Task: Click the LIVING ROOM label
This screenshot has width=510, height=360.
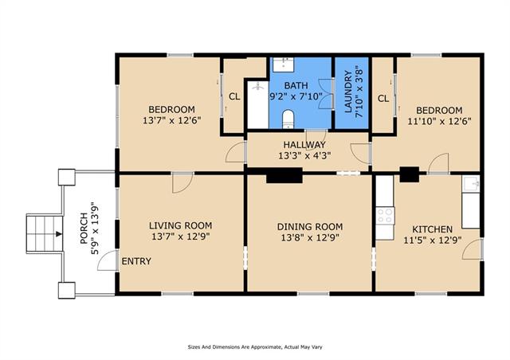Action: pyautogui.click(x=181, y=225)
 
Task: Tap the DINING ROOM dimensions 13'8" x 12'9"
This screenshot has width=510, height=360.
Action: pyautogui.click(x=310, y=237)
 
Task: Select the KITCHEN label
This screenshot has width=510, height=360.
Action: pyautogui.click(x=432, y=229)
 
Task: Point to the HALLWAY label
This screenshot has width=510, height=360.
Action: pyautogui.click(x=304, y=145)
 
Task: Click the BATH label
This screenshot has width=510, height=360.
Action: pyautogui.click(x=296, y=85)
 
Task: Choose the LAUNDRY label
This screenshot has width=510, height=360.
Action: pyautogui.click(x=348, y=92)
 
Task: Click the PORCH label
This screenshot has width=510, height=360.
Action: pyautogui.click(x=84, y=229)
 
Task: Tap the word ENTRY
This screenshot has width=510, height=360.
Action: pyautogui.click(x=136, y=261)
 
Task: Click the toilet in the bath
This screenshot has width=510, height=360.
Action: pyautogui.click(x=288, y=119)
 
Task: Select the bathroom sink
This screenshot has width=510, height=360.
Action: pyautogui.click(x=283, y=65)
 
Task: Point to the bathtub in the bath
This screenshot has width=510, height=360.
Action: pyautogui.click(x=258, y=104)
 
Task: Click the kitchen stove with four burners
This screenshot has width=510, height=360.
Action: pyautogui.click(x=385, y=216)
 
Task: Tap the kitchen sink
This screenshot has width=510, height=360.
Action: pyautogui.click(x=471, y=184)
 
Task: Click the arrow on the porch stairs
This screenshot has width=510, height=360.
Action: pyautogui.click(x=58, y=233)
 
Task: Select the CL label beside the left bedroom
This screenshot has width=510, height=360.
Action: pyautogui.click(x=234, y=96)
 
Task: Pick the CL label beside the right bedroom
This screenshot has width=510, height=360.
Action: pyautogui.click(x=383, y=98)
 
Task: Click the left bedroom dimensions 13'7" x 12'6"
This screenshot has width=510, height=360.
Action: pyautogui.click(x=172, y=120)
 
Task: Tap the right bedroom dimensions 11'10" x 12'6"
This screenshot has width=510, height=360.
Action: pyautogui.click(x=439, y=121)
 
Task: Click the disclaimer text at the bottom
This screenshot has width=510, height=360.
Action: pyautogui.click(x=255, y=347)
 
